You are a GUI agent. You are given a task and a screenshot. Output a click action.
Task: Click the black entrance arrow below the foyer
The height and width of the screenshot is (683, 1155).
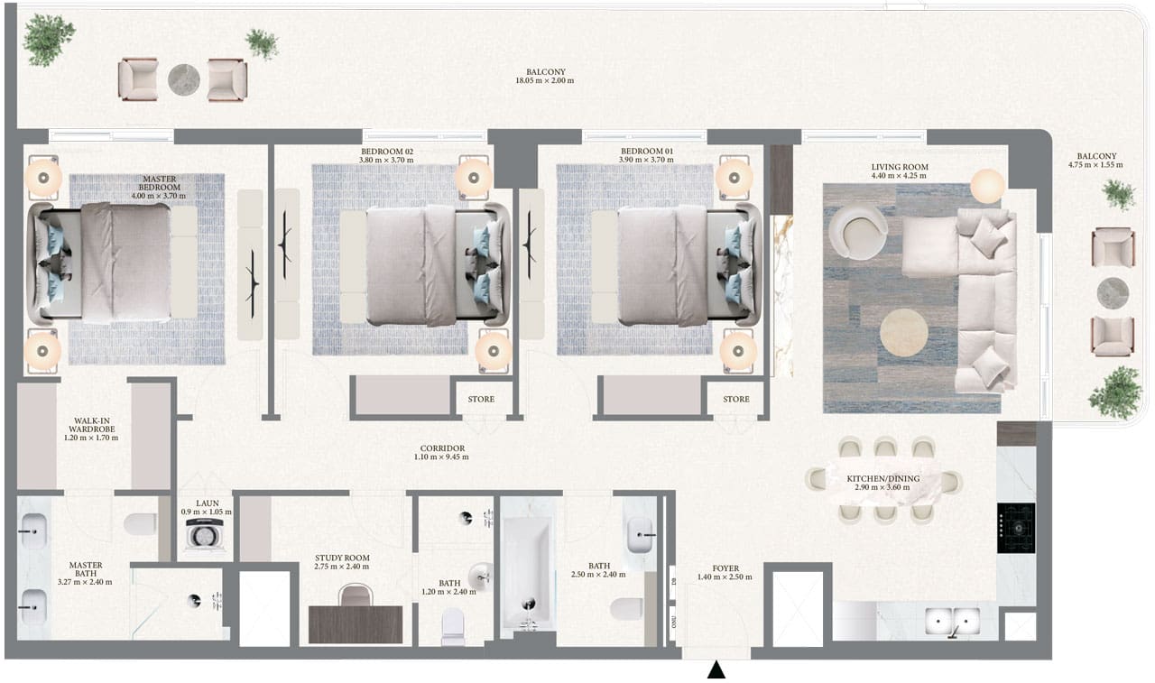(716, 669)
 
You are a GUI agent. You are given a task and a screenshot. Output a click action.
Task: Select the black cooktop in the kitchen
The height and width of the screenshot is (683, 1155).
(1015, 529)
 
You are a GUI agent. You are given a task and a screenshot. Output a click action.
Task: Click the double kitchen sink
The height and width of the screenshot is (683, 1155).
(953, 622)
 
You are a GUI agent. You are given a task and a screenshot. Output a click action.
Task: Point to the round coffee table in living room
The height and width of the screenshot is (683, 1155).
(903, 332)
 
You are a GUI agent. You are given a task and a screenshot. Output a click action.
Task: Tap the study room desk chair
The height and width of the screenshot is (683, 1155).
(356, 595)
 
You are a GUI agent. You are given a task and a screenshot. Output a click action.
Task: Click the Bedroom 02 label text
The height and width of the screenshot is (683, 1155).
(386, 152)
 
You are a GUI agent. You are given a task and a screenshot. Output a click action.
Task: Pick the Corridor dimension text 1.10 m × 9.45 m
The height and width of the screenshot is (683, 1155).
(442, 457)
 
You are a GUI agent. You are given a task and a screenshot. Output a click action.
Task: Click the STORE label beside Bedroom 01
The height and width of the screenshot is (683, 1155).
(735, 399)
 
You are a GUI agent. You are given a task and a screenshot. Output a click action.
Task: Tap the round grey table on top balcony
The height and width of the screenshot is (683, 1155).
(183, 79)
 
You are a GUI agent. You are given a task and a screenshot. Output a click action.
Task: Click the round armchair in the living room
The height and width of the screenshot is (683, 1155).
(857, 231)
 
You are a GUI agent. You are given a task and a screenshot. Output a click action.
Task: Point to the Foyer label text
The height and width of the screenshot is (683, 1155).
(725, 568)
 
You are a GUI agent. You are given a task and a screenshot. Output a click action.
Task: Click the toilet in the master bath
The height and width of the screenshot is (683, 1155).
(140, 526)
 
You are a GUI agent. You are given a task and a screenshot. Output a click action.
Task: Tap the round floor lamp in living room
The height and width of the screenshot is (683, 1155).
(988, 186)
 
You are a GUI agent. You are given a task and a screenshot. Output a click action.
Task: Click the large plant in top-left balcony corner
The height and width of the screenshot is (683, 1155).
(48, 40)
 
